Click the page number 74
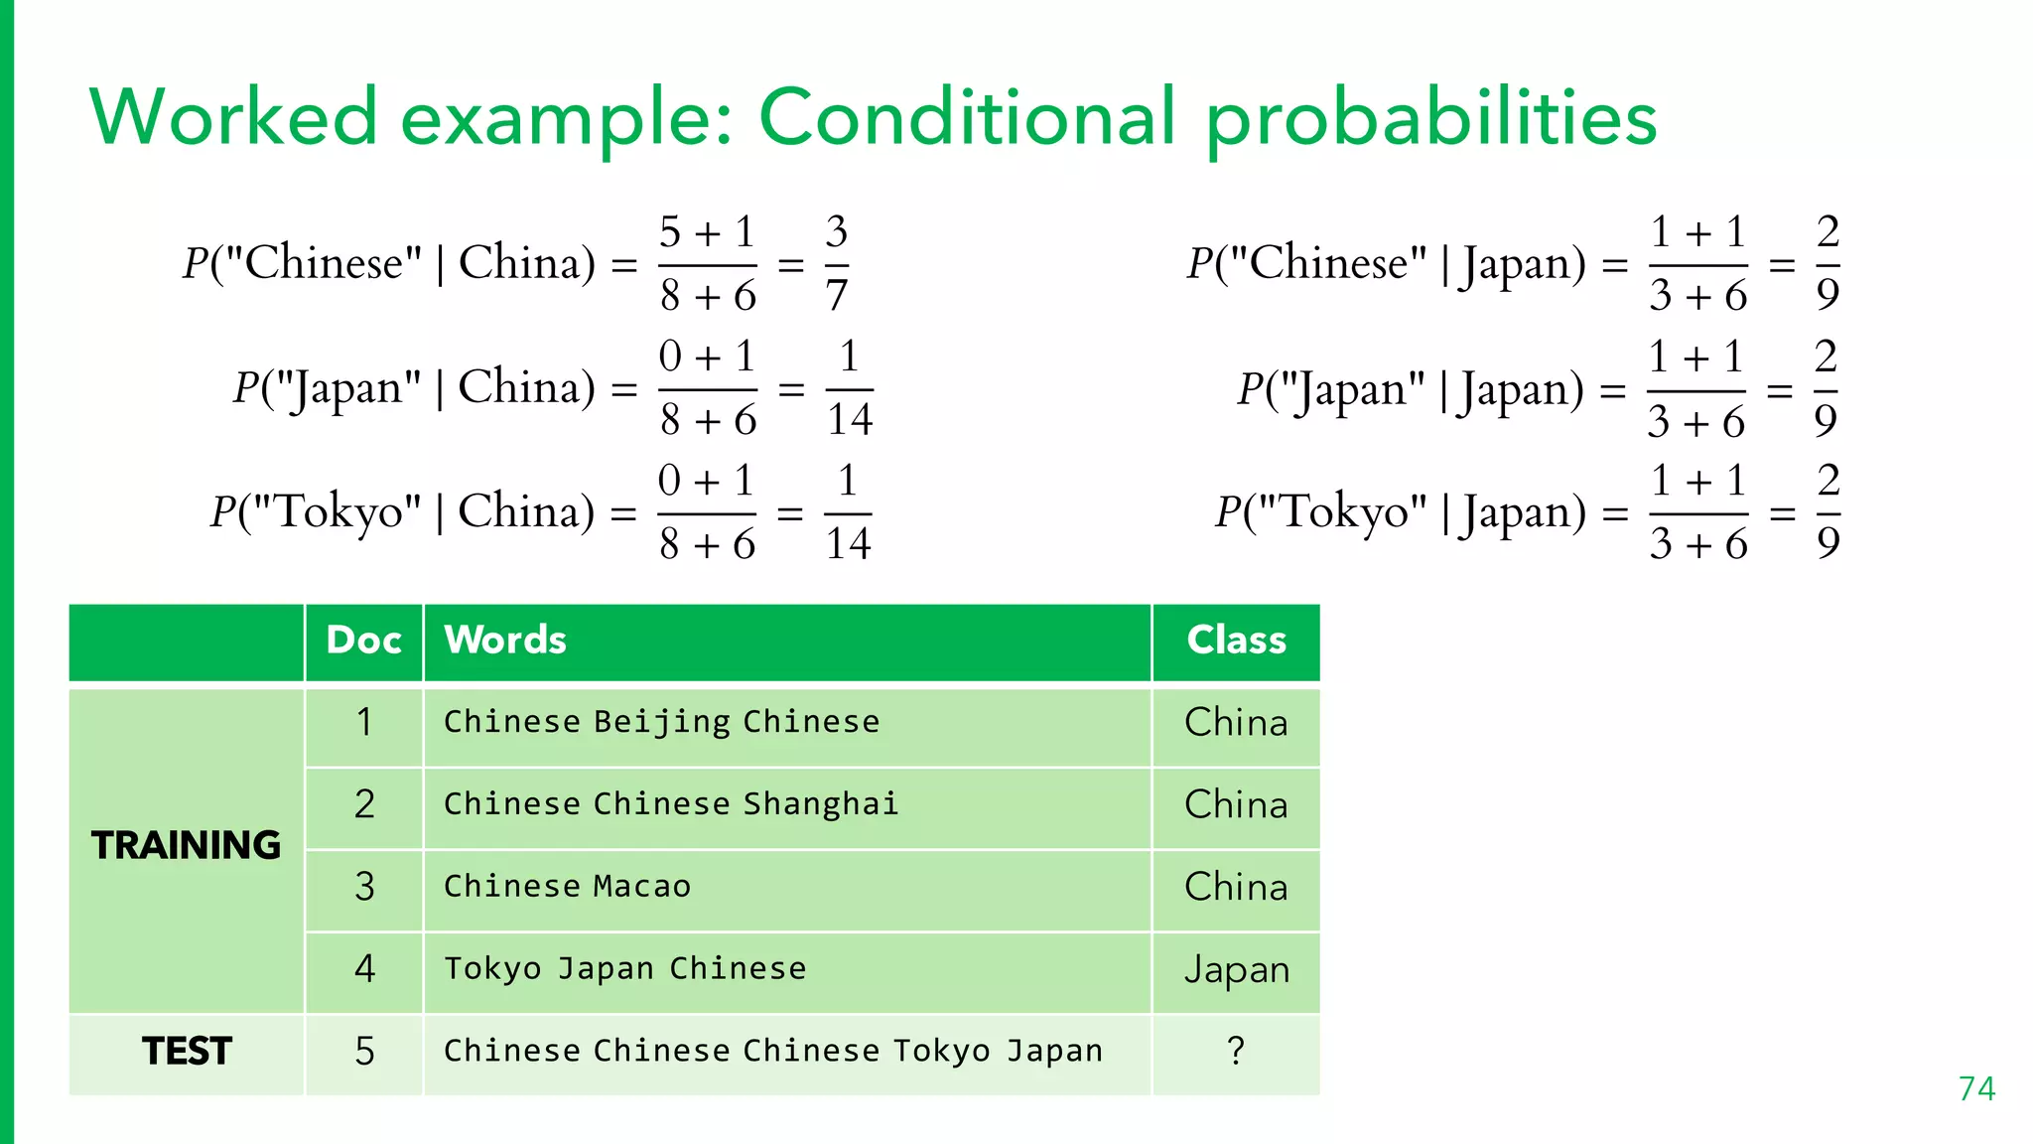tap(1976, 1088)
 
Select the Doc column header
tap(363, 641)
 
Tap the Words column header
tap(505, 641)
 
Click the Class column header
tap(1236, 641)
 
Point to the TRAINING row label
tap(186, 845)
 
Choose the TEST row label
tap(187, 1051)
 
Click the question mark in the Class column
tap(1235, 1051)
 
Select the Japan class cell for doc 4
tap(1236, 969)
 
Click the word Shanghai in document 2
tap(820, 804)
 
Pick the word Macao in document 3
tap(641, 887)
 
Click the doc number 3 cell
tap(364, 887)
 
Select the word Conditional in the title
tap(967, 118)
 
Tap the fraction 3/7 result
tap(836, 264)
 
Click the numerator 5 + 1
tap(707, 233)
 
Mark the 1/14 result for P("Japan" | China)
tap(849, 388)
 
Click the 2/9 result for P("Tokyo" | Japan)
tap(1828, 512)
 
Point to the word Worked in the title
tap(234, 118)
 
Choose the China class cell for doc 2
tap(1236, 804)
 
